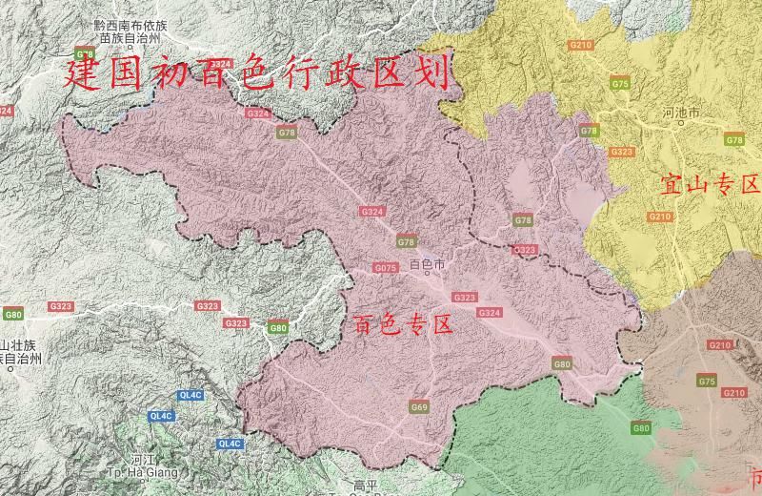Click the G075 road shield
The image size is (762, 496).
tap(386, 269)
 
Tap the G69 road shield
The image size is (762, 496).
tap(419, 407)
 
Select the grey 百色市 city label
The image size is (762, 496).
tap(427, 263)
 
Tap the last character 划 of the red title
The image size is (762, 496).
tap(433, 72)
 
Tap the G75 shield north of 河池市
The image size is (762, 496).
tap(621, 85)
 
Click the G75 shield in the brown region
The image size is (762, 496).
tap(706, 382)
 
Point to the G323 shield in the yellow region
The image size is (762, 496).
tap(621, 152)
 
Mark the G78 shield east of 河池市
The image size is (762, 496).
tap(734, 140)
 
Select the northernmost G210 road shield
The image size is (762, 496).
tap(580, 45)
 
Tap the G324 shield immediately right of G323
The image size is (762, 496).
tap(490, 313)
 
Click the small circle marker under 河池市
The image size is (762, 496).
tap(680, 125)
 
